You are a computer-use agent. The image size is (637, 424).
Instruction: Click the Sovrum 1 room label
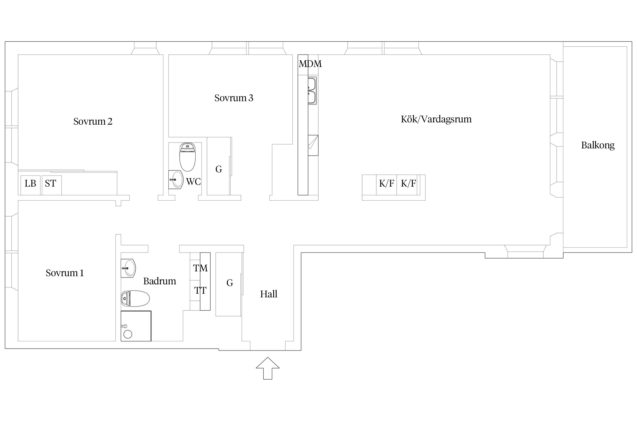tap(65, 273)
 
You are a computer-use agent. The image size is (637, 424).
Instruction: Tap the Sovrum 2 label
tap(93, 122)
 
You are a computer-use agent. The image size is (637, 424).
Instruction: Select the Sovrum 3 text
tap(234, 98)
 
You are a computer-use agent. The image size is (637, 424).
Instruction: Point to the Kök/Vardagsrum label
tap(436, 119)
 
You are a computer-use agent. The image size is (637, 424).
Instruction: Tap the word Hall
tap(269, 294)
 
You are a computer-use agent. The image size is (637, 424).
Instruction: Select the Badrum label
tap(160, 281)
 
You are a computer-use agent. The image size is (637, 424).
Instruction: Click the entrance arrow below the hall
tap(268, 368)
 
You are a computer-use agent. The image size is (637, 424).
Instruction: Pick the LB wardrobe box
tap(30, 185)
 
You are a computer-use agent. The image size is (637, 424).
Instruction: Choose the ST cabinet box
tap(52, 185)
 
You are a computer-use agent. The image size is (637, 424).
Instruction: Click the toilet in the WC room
tap(187, 157)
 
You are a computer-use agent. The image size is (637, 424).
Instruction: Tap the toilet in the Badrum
tap(135, 298)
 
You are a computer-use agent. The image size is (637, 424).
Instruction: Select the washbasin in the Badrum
tap(128, 268)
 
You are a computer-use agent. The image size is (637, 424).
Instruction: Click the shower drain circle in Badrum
tap(128, 334)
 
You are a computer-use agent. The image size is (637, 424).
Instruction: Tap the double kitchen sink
tap(312, 90)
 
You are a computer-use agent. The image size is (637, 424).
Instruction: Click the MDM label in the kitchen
tap(310, 64)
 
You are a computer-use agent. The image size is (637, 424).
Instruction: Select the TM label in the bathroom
tap(200, 268)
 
